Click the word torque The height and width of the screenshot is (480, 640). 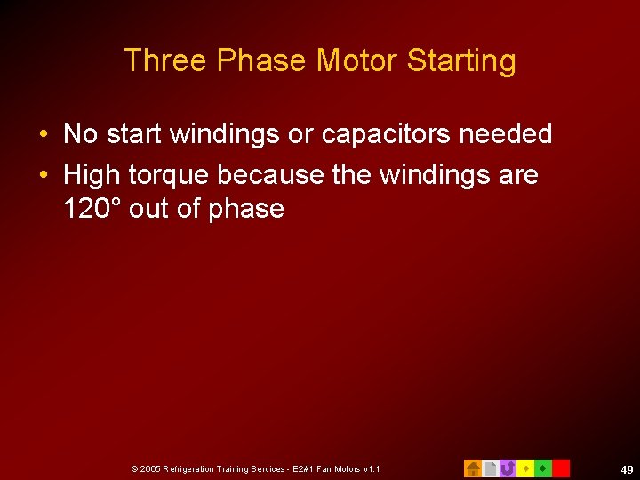click(167, 175)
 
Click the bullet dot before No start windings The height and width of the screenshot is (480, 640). click(44, 135)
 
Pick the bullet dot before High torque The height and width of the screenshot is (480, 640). click(44, 176)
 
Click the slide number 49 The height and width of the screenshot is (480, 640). click(627, 468)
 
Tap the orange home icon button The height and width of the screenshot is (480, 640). click(473, 468)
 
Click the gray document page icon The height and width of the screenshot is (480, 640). click(490, 468)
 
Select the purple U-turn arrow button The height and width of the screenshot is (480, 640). click(508, 468)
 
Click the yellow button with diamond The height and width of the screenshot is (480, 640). click(525, 468)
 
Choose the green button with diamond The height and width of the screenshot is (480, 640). click(542, 468)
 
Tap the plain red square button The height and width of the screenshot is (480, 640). click(561, 468)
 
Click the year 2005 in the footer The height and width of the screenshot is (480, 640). click(150, 468)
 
